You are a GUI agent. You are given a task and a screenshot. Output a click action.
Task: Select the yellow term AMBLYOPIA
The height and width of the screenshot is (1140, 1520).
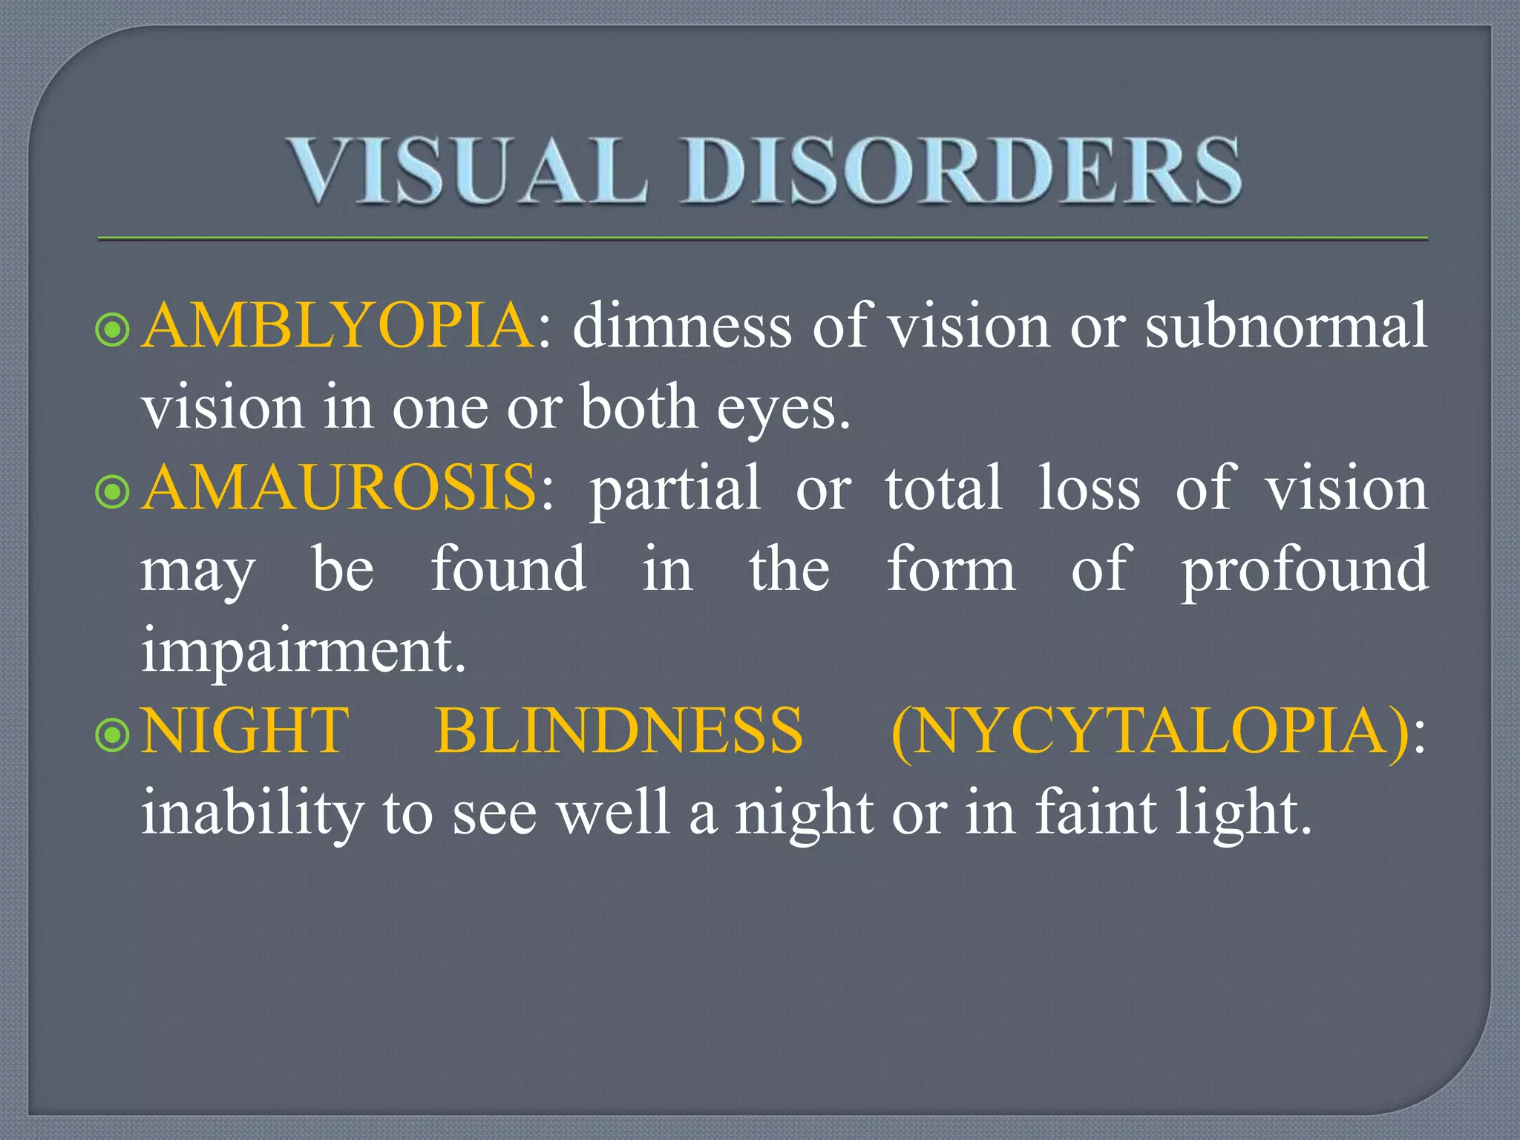tap(337, 326)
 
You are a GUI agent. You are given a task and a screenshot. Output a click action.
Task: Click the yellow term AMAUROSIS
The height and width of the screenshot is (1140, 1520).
tap(338, 488)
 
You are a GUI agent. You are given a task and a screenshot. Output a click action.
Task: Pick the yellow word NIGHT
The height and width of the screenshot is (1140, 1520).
tap(245, 731)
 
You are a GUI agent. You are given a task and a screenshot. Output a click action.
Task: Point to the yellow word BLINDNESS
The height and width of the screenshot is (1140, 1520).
tap(618, 731)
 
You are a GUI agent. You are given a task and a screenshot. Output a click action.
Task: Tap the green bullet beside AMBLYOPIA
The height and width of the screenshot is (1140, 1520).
tap(113, 330)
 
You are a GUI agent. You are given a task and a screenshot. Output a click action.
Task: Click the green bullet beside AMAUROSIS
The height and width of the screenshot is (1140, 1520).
tap(113, 491)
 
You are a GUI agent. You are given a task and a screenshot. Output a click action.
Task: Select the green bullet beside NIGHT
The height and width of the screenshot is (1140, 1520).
tap(113, 735)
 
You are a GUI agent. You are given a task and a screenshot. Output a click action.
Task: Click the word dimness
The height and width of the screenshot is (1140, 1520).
tap(682, 326)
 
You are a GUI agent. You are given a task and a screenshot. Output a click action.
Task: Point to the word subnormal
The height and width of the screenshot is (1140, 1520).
tap(1286, 326)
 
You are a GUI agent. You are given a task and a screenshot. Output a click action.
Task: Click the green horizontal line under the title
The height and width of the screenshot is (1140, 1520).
tap(762, 239)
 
